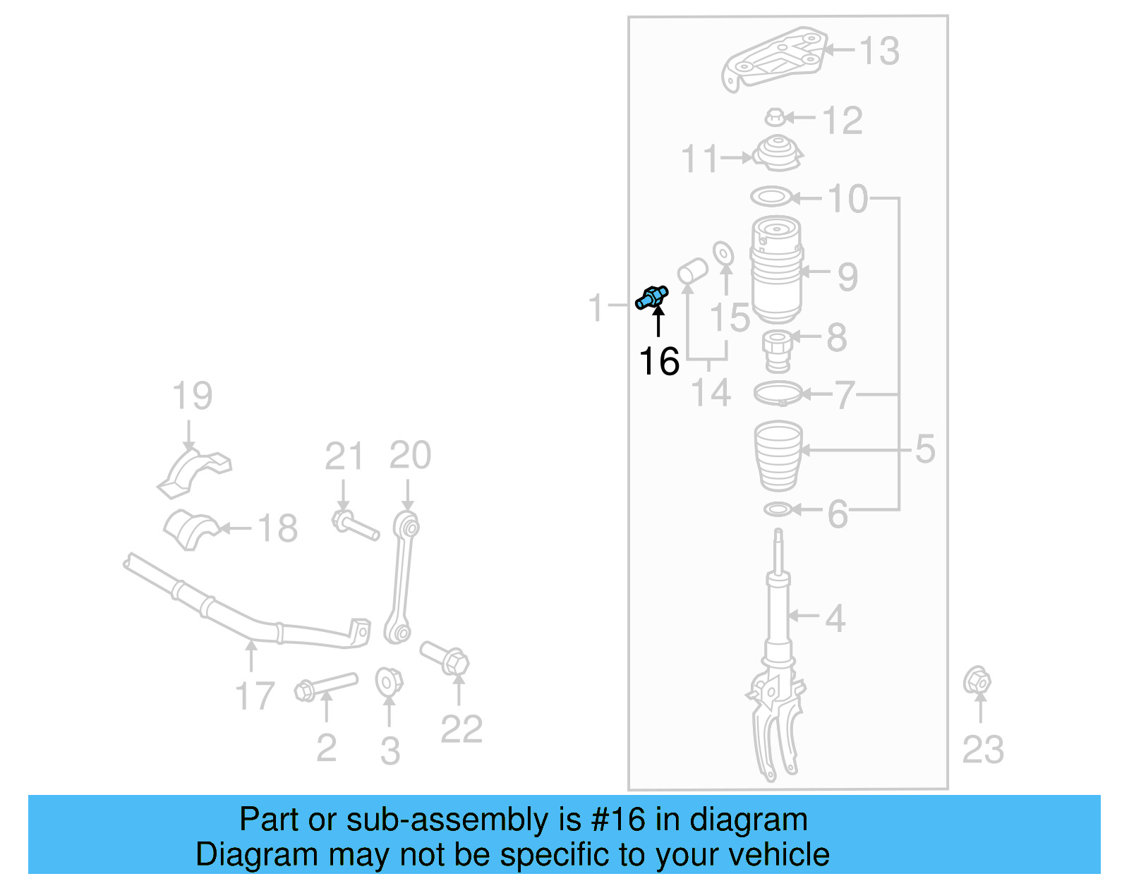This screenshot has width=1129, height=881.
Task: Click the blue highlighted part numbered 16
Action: point(652,297)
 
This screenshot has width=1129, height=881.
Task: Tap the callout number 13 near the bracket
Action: point(879,51)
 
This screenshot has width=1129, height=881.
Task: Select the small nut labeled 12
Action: point(775,117)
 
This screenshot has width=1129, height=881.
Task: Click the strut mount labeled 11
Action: point(778,153)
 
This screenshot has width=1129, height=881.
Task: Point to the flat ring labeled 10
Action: point(771,197)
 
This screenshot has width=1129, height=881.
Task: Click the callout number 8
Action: point(837,337)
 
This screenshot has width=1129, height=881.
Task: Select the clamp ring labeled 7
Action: point(778,393)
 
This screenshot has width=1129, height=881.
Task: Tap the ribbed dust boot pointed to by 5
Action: point(778,455)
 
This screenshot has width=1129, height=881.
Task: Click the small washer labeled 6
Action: point(777,509)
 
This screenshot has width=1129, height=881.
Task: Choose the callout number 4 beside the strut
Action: point(835,618)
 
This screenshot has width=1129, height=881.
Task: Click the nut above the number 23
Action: point(977,681)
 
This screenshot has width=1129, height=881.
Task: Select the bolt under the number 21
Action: point(355,526)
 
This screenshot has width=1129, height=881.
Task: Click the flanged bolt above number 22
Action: point(446,657)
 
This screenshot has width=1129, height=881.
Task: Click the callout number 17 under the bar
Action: point(254,695)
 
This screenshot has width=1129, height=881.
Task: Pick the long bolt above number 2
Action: point(326,686)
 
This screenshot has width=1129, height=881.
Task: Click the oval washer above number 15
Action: point(723,253)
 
